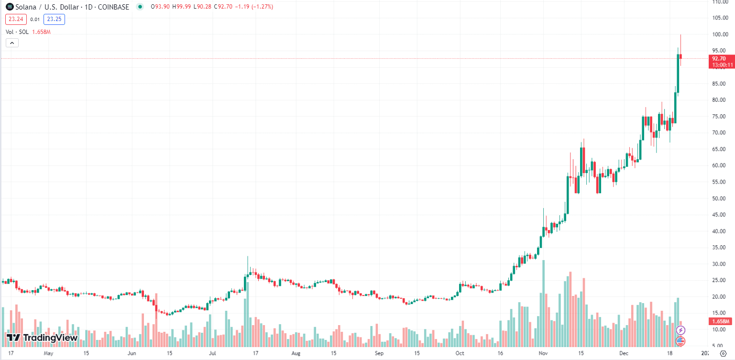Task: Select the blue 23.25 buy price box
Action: click(x=54, y=19)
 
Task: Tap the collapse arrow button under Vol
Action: click(x=12, y=43)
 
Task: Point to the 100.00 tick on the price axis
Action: click(x=720, y=34)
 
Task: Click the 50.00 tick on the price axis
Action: click(x=720, y=198)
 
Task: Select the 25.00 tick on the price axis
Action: click(x=720, y=280)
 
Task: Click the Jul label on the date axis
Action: click(x=212, y=354)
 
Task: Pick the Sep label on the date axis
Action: click(x=379, y=354)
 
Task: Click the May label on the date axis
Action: click(x=48, y=354)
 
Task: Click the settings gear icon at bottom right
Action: click(x=723, y=354)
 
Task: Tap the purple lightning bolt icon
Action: click(x=680, y=330)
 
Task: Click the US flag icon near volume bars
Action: click(x=680, y=341)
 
